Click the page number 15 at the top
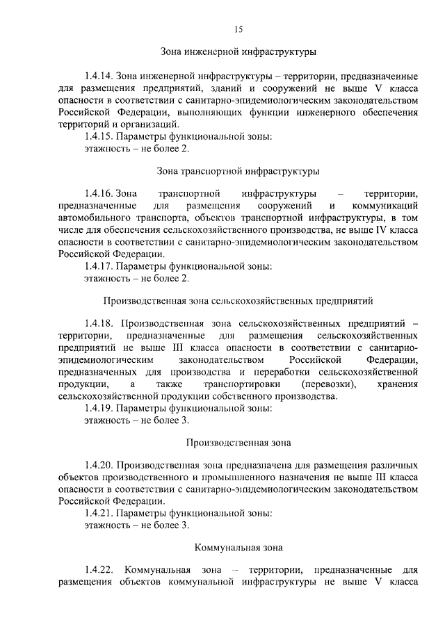(238, 29)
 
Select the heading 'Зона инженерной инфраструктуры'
(238, 51)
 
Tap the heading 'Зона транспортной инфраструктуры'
(238, 170)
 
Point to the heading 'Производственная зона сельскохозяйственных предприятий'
(238, 301)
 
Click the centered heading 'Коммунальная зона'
(238, 548)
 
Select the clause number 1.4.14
(98, 74)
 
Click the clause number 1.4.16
(98, 193)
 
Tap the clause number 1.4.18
(99, 324)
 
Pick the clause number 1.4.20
(99, 464)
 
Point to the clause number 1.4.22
(99, 570)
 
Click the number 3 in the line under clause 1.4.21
(185, 525)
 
